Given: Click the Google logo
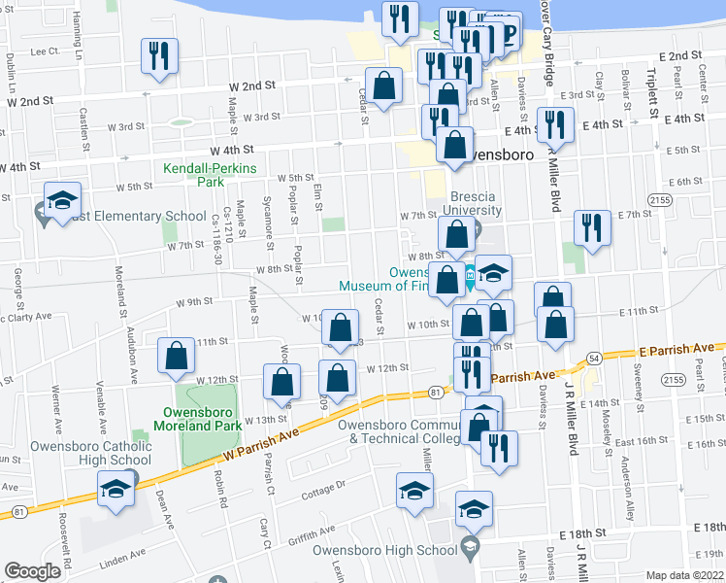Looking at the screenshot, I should click(32, 572).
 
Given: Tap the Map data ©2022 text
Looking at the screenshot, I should click(685, 575).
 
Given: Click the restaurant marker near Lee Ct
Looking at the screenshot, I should click(156, 55).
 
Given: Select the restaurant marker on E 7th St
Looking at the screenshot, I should click(590, 228).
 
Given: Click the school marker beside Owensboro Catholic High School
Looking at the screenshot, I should click(115, 489).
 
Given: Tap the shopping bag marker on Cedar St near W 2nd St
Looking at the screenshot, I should click(384, 85).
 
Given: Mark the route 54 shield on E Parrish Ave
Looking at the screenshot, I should click(592, 360).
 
